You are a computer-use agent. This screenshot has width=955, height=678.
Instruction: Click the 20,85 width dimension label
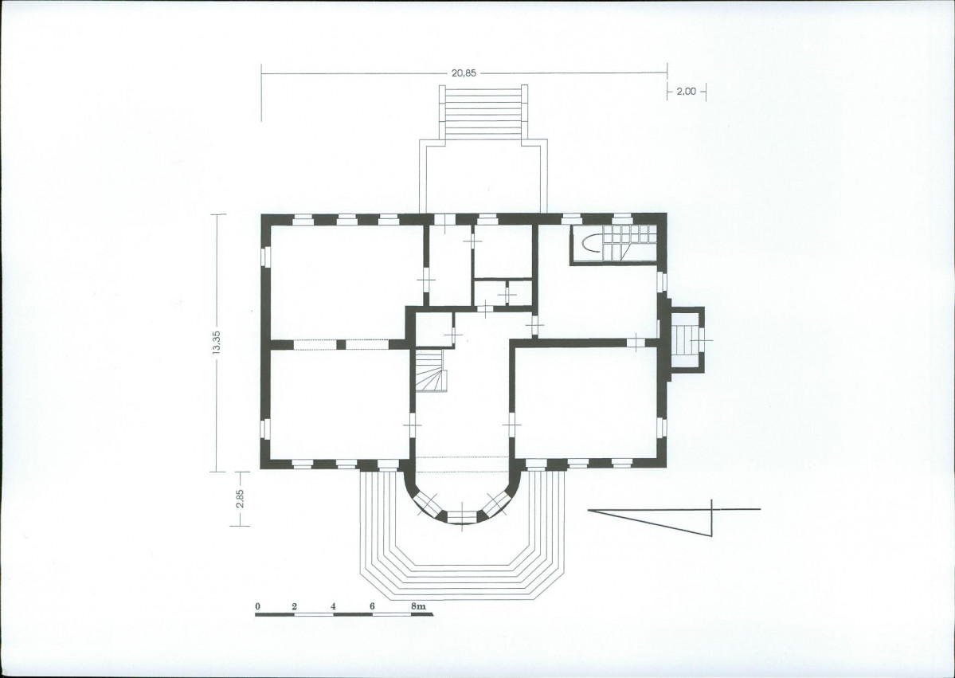click(x=464, y=73)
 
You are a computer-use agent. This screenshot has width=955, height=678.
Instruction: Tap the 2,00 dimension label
click(x=686, y=92)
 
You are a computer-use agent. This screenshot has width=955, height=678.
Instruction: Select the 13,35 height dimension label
click(x=217, y=343)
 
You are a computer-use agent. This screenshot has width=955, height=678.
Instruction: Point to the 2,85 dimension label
click(x=240, y=498)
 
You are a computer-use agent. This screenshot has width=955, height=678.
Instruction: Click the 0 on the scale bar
click(x=257, y=606)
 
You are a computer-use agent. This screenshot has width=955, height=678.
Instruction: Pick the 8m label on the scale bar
click(x=418, y=606)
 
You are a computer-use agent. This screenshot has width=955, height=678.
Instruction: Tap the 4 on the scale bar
click(x=333, y=606)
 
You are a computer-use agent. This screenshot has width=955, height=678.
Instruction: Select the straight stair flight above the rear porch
click(x=483, y=112)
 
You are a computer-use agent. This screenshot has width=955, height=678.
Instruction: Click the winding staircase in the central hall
click(x=431, y=371)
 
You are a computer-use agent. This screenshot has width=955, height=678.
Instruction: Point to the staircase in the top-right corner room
click(x=614, y=244)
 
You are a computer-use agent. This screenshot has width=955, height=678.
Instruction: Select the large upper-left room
click(x=346, y=281)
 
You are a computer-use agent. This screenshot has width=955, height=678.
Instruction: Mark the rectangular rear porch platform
click(x=483, y=177)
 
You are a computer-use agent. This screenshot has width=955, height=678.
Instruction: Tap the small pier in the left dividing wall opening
click(x=341, y=345)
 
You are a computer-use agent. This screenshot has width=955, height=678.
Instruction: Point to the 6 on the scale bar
click(x=372, y=606)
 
